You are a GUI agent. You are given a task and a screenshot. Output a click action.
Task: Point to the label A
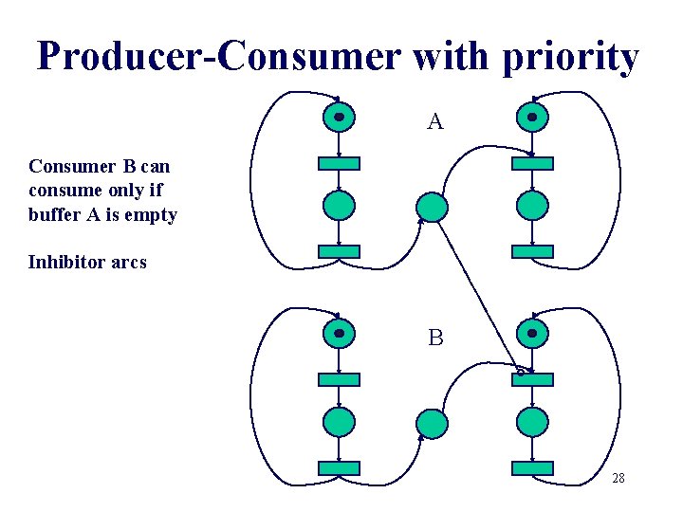pos(435,121)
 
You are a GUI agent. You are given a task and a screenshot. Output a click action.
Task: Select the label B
pos(435,338)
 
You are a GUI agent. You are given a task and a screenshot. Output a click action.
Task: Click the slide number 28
pos(618,479)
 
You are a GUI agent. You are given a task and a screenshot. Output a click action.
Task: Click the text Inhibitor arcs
pos(87,263)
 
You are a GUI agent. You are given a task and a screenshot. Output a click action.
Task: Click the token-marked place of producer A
pos(339,118)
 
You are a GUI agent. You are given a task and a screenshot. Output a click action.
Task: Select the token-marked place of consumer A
pos(532,118)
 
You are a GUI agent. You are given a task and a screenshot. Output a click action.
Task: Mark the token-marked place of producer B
pos(339,334)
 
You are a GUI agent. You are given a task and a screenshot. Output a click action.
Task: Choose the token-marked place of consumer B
pos(532,334)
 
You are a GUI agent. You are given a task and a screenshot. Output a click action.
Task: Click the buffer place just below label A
pos(432,207)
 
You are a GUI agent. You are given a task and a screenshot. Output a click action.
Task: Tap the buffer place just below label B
pos(432,423)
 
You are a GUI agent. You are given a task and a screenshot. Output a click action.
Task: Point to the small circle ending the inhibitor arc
pos(520,372)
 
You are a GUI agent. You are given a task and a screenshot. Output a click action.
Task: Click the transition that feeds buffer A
pos(339,251)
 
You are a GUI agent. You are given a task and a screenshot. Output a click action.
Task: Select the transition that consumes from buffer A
pos(532,163)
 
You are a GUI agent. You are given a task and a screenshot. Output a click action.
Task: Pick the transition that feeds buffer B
pos(339,467)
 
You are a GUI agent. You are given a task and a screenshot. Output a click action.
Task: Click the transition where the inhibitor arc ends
pos(532,379)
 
